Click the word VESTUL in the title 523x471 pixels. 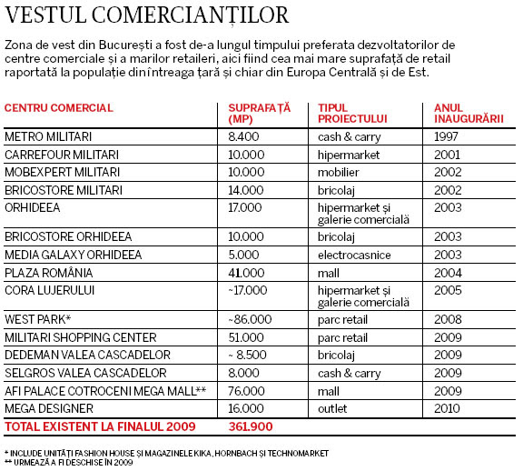click(x=45, y=15)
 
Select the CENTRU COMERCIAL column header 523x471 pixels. click(x=59, y=108)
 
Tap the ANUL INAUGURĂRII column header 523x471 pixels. click(x=469, y=114)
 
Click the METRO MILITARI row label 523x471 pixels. click(x=48, y=136)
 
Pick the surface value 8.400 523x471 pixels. click(x=243, y=136)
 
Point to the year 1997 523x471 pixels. click(x=446, y=136)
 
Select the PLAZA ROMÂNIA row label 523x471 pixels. click(x=49, y=273)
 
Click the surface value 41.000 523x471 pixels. click(x=246, y=273)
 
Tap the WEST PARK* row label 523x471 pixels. click(x=38, y=319)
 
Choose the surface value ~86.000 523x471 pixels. click(x=250, y=319)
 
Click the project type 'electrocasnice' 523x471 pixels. click(x=354, y=255)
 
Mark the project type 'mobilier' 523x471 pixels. click(x=338, y=172)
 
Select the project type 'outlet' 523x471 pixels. click(x=332, y=408)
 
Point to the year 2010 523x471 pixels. click(x=447, y=408)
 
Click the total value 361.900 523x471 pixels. click(x=251, y=426)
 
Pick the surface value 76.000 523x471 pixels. click(x=246, y=391)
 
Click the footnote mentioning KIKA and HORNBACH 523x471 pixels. click(x=167, y=454)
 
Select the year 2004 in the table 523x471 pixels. click(x=448, y=273)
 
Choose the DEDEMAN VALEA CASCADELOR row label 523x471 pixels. click(x=87, y=355)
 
